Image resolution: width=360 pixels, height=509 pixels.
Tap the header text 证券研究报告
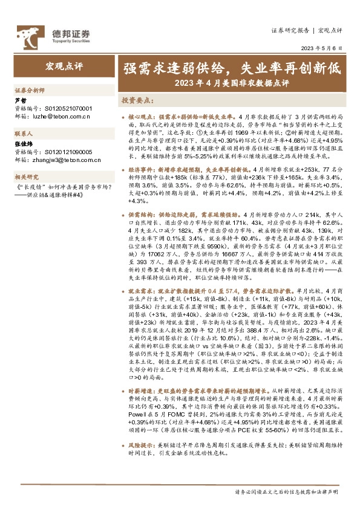[x=290, y=29]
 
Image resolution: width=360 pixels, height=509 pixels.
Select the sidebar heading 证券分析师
[x=29, y=89]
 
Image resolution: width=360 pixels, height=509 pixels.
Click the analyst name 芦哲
[x=21, y=100]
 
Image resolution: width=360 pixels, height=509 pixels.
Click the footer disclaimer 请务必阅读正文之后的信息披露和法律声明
[x=287, y=493]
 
